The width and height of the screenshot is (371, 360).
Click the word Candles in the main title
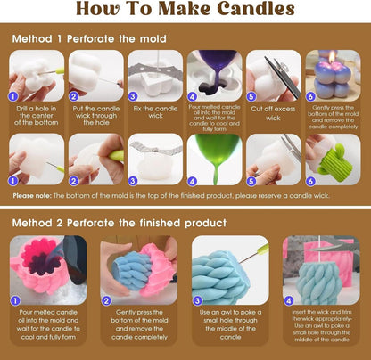(256, 9)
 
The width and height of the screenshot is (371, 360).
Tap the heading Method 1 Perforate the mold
(89, 39)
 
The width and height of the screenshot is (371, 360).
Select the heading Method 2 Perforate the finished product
(120, 223)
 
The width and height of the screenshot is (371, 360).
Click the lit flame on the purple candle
(333, 55)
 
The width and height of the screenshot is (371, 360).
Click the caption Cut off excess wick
(273, 113)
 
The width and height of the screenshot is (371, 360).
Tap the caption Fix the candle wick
(155, 112)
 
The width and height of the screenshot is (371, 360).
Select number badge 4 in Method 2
(288, 301)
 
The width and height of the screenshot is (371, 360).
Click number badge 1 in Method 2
(15, 301)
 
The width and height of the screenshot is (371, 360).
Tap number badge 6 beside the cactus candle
(310, 181)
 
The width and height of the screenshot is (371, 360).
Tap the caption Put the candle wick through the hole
(96, 116)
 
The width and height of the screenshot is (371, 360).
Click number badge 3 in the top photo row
(133, 96)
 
